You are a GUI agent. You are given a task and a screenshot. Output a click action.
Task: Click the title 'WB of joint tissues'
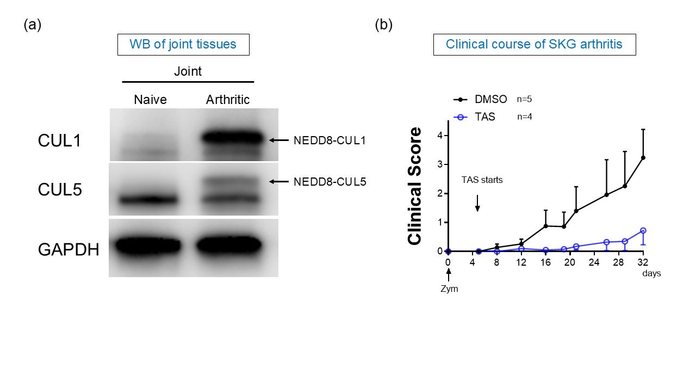point(183,44)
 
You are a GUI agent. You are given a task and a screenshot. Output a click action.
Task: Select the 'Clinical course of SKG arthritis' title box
point(534,44)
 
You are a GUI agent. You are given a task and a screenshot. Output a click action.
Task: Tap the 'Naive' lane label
point(150,100)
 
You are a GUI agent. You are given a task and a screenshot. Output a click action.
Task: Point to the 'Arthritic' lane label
point(228,100)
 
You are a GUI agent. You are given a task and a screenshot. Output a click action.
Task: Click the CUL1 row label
point(59,140)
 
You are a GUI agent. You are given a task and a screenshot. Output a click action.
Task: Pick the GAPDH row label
point(69,250)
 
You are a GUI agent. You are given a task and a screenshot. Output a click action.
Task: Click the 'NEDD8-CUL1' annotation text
point(330,140)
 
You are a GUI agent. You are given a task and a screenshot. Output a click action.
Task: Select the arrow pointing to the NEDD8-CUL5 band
point(279,182)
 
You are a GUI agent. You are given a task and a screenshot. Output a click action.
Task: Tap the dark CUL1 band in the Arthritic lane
point(231,138)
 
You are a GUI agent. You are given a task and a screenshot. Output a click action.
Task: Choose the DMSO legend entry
point(481,100)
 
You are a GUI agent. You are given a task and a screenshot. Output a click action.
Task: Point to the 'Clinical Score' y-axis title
point(415,186)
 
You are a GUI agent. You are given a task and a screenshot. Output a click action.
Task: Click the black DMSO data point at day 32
point(643,158)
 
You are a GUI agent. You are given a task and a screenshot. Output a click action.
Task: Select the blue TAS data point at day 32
point(643,230)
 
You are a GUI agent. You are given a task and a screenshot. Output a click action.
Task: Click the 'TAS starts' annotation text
point(482,180)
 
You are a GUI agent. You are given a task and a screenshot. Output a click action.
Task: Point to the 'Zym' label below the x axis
point(449,289)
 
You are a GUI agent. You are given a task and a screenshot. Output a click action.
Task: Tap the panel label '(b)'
point(383,24)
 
